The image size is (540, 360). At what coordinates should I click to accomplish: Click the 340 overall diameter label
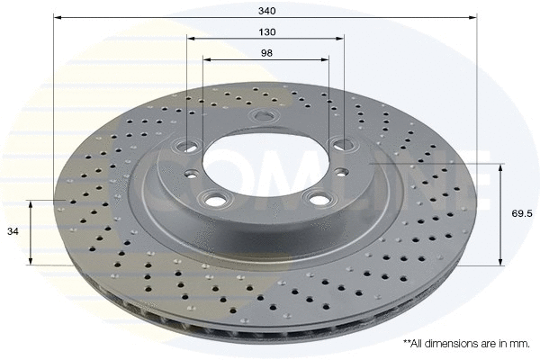(x=265, y=10)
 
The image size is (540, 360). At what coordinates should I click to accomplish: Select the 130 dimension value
(x=265, y=31)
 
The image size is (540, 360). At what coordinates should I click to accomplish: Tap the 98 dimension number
(x=265, y=53)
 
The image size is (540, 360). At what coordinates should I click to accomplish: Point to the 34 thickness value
(x=13, y=232)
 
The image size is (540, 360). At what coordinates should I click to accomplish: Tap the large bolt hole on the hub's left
(x=189, y=143)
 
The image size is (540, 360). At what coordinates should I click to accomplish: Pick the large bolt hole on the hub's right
(x=341, y=142)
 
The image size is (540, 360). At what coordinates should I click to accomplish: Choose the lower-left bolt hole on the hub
(x=215, y=198)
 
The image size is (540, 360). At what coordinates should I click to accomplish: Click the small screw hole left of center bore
(x=193, y=175)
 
